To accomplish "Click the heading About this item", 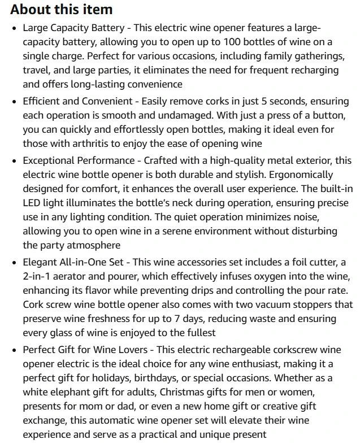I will (x=61, y=10).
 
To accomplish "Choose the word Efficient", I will (x=44, y=101).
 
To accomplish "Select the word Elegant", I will (x=41, y=262).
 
